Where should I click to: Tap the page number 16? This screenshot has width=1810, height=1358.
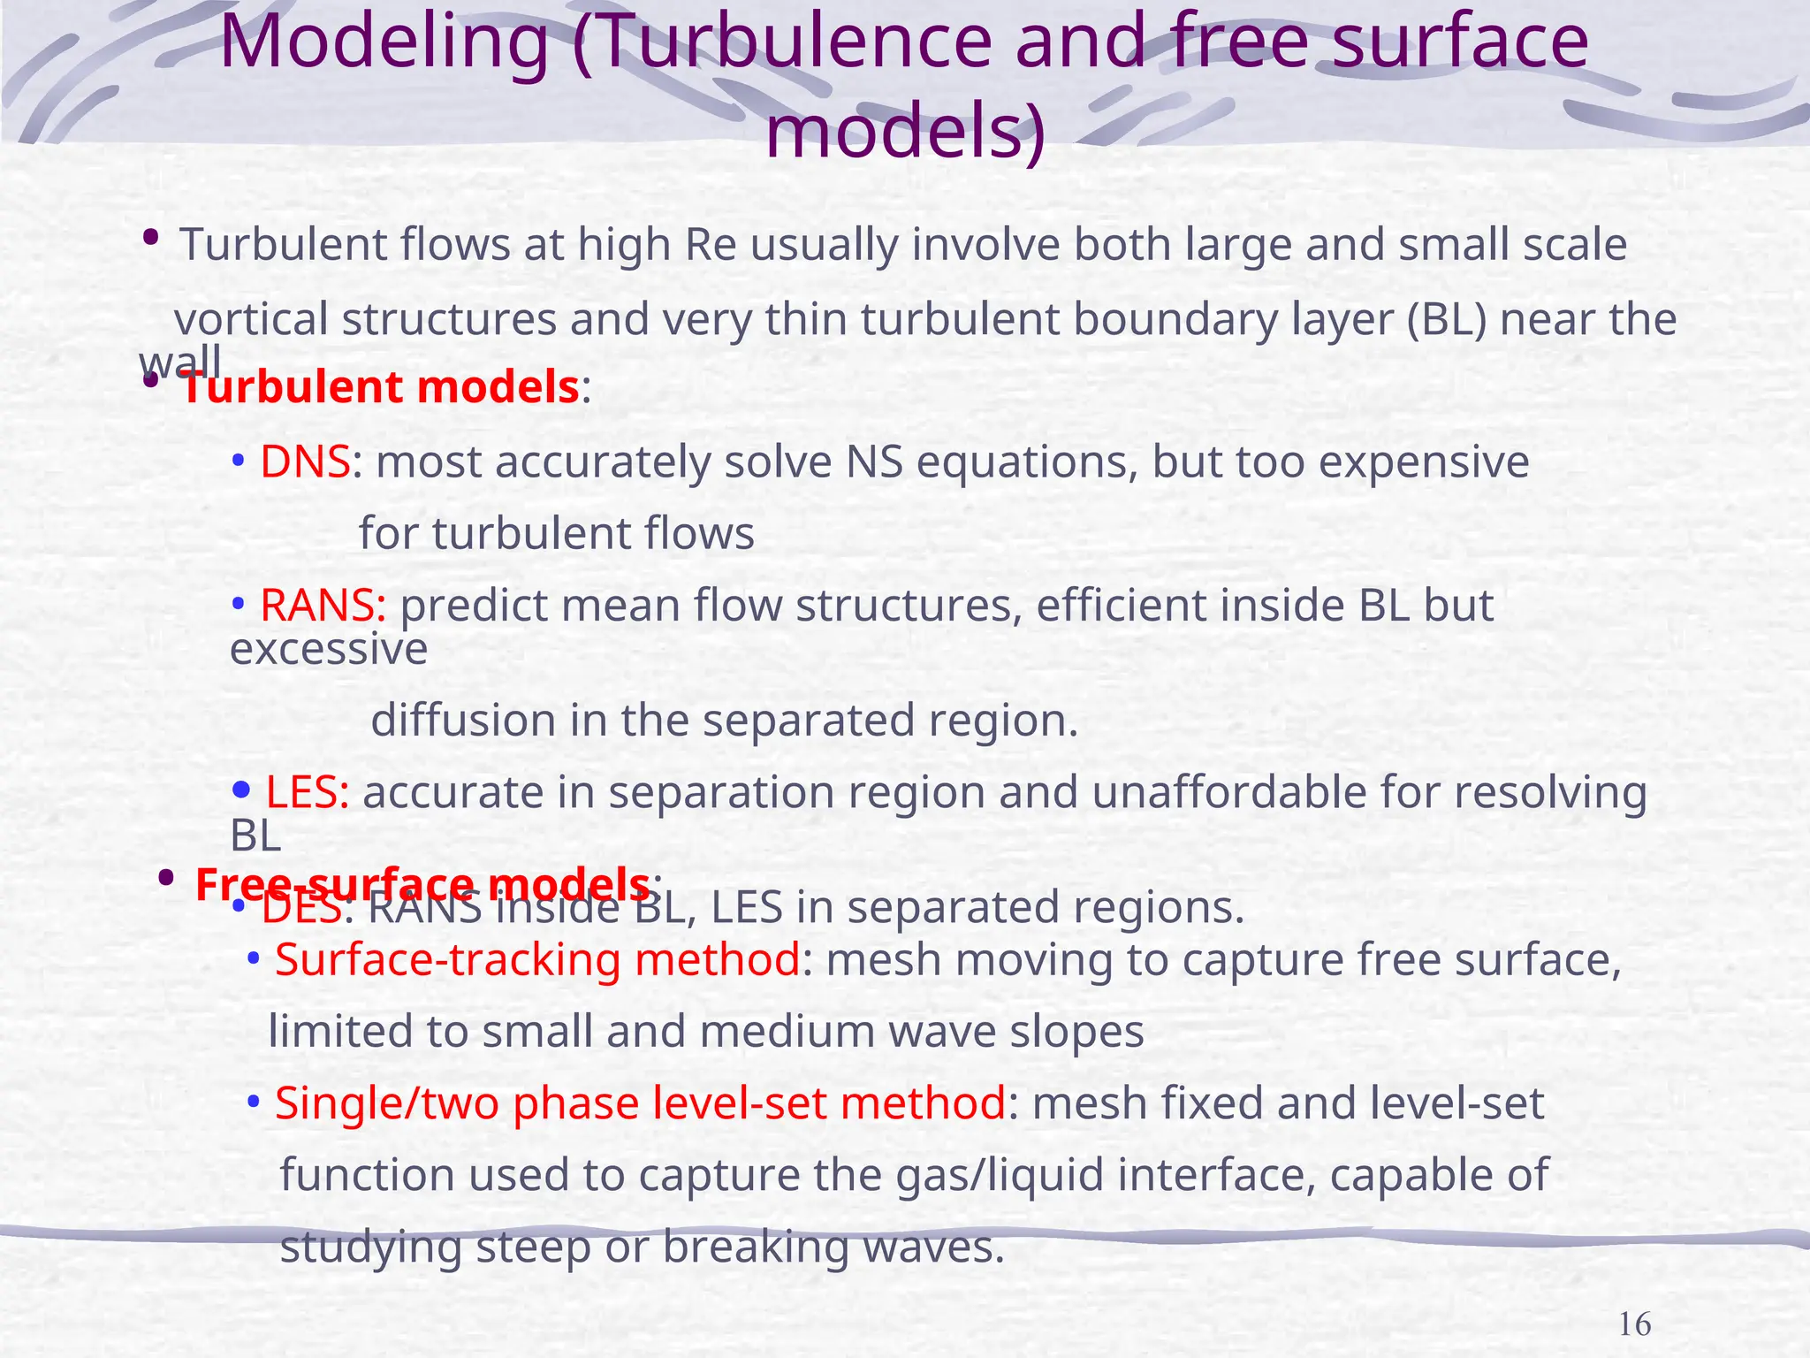pos(1634,1324)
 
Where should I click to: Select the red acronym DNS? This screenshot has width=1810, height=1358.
pos(305,462)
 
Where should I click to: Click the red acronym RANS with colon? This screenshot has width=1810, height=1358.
pos(323,606)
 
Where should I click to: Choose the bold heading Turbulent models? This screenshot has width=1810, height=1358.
pos(380,387)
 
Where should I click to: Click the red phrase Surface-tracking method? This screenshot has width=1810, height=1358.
pos(537,959)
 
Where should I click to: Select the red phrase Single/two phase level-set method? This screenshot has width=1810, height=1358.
pos(640,1103)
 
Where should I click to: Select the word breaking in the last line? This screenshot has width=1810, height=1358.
pos(756,1247)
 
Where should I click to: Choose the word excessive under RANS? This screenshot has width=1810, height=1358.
pos(329,650)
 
